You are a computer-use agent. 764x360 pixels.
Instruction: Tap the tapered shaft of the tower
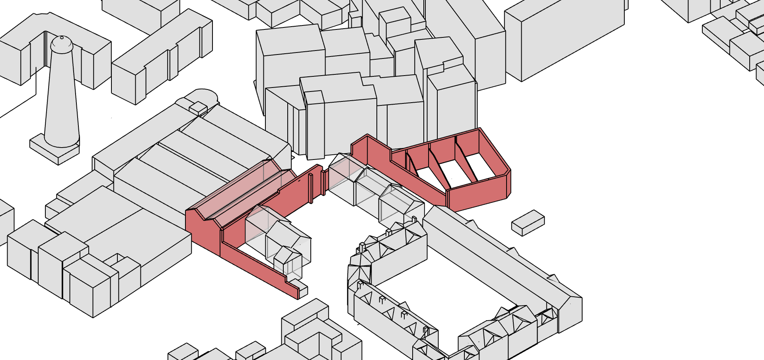click(61, 99)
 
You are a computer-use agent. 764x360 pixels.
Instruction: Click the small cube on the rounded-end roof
click(198, 108)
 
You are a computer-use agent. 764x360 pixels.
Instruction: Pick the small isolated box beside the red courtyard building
click(528, 223)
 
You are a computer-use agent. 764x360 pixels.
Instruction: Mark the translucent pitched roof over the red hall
click(235, 191)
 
